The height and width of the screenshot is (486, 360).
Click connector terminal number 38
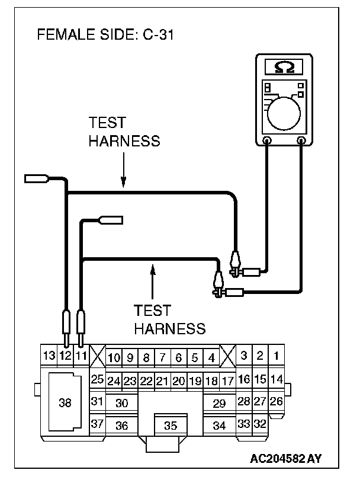(65, 403)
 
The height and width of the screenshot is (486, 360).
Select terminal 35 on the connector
(171, 425)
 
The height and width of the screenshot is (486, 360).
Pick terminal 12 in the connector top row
(66, 356)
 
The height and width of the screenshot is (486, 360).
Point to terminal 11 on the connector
(81, 356)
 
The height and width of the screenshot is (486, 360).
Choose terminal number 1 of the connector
(275, 356)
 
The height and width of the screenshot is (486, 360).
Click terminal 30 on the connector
(122, 403)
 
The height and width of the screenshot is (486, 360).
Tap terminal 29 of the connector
(219, 403)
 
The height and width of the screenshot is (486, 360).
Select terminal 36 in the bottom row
(122, 425)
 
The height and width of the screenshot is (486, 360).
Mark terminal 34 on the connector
(219, 425)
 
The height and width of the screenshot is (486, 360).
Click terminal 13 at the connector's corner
(49, 356)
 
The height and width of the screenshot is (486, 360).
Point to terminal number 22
(146, 381)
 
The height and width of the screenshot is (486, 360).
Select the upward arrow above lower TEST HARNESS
(153, 279)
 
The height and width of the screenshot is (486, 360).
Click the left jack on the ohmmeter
(268, 140)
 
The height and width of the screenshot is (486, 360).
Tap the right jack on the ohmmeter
(303, 140)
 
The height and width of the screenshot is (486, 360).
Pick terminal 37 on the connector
(97, 424)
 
